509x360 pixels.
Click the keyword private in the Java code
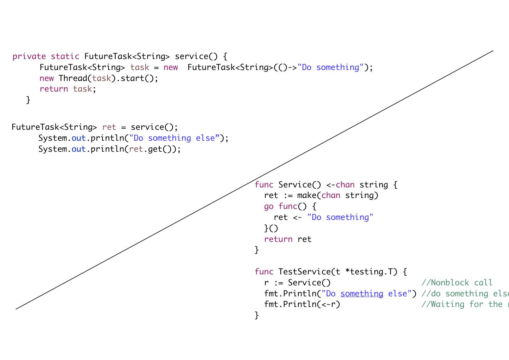click(x=29, y=57)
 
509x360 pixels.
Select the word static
click(x=65, y=57)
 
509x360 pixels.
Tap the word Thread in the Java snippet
click(x=73, y=78)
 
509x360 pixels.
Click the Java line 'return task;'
click(x=68, y=89)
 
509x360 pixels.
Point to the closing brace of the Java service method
click(x=28, y=100)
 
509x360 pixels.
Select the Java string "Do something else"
click(x=174, y=138)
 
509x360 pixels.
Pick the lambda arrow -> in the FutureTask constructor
click(x=292, y=68)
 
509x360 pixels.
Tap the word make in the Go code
click(x=306, y=196)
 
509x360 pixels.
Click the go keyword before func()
click(x=269, y=207)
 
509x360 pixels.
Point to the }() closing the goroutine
click(x=271, y=228)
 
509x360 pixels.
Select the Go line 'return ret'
click(x=288, y=239)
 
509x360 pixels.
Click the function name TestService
click(x=304, y=272)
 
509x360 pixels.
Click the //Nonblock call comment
click(x=457, y=283)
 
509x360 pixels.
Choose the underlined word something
click(x=362, y=294)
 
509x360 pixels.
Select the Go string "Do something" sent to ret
click(x=340, y=217)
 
